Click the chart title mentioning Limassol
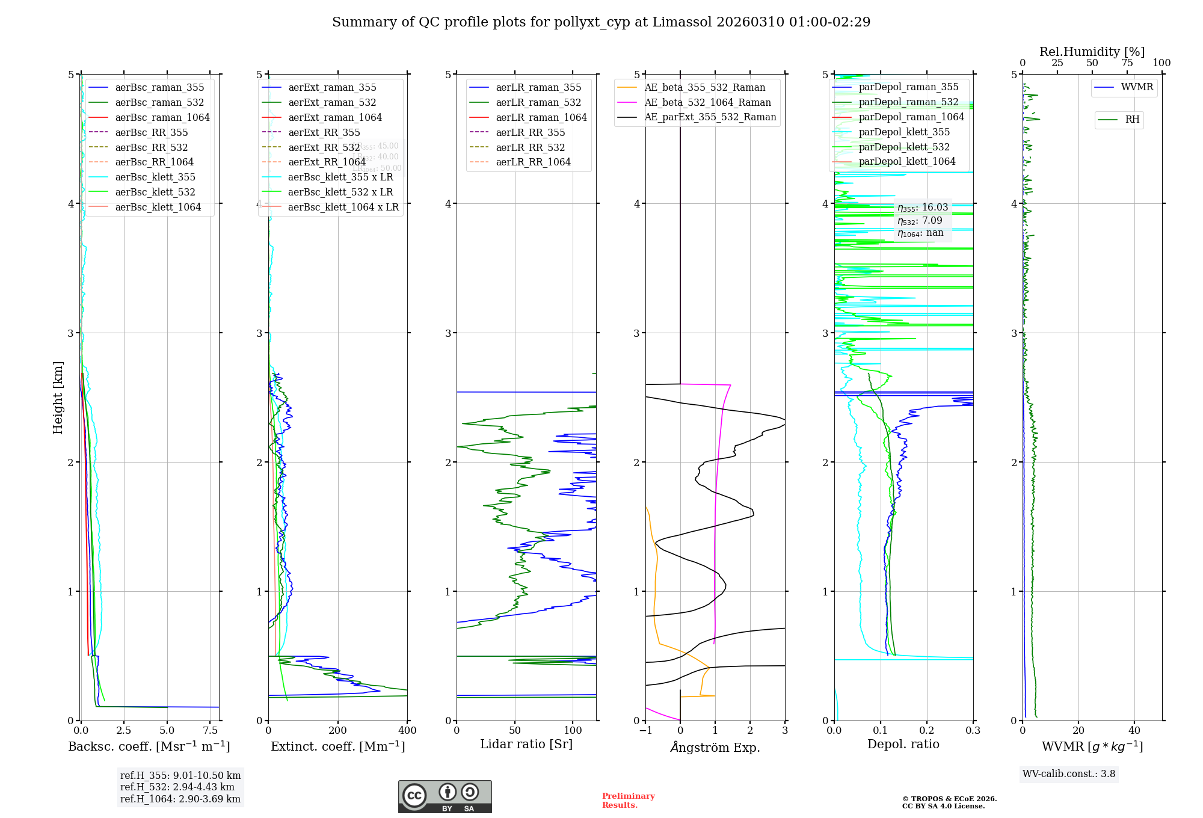click(x=601, y=22)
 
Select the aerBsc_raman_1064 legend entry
click(x=162, y=117)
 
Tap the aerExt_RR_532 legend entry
click(x=324, y=147)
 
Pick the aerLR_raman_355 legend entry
click(x=538, y=87)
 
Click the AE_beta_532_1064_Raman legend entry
click(x=707, y=102)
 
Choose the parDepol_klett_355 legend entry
click(x=904, y=132)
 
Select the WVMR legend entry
click(x=1137, y=87)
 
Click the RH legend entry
click(x=1132, y=120)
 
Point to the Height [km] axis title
click(x=58, y=397)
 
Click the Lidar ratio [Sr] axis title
click(x=526, y=744)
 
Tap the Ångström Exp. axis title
click(x=715, y=747)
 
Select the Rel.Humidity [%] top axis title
click(x=1092, y=52)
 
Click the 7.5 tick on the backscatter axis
click(x=211, y=730)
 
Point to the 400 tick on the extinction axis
click(x=407, y=730)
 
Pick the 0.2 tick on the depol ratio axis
click(x=927, y=730)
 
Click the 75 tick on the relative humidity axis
click(x=1127, y=63)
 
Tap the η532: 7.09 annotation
click(x=920, y=221)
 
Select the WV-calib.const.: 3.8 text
click(x=1069, y=773)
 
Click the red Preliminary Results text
click(x=628, y=801)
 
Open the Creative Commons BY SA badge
click(x=445, y=796)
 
